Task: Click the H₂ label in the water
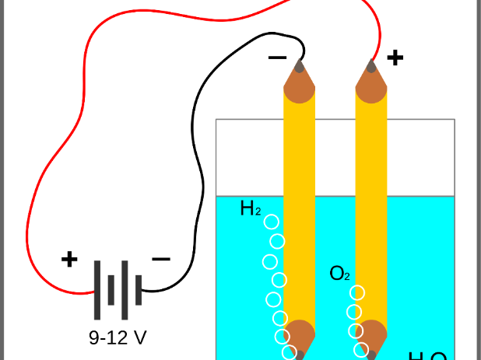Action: point(250,208)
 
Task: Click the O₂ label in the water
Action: point(340,274)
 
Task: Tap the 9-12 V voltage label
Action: point(118,337)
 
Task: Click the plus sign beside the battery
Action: point(69,259)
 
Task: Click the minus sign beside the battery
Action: point(161,259)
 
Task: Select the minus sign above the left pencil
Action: point(277,57)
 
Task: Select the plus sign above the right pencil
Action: point(395,57)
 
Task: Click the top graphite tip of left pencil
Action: point(299,66)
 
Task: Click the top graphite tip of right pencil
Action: point(371,66)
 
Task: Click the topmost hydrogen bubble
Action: point(272,222)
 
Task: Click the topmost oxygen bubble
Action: point(357,293)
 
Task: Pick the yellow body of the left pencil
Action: point(299,194)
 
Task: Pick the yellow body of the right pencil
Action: point(371,194)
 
